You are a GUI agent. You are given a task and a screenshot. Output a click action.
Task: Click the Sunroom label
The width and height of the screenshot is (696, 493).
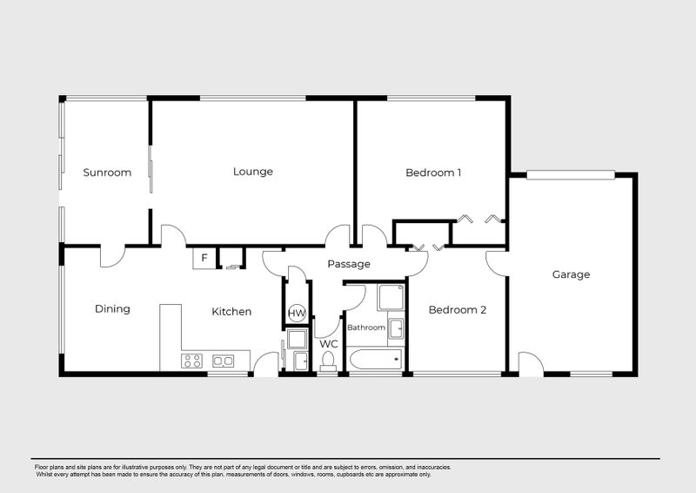pyautogui.click(x=107, y=172)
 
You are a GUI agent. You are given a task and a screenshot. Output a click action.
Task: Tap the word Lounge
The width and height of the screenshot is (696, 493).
pyautogui.click(x=253, y=172)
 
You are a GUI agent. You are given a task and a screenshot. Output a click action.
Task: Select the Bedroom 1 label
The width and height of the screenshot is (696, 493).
pyautogui.click(x=433, y=172)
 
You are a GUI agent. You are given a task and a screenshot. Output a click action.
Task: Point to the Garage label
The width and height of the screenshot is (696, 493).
pyautogui.click(x=571, y=274)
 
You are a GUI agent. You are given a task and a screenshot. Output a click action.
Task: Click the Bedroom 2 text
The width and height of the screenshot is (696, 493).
pyautogui.click(x=457, y=309)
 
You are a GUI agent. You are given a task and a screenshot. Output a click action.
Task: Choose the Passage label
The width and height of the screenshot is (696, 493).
pyautogui.click(x=349, y=264)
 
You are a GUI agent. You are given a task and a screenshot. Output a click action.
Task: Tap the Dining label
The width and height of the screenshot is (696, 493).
pyautogui.click(x=112, y=308)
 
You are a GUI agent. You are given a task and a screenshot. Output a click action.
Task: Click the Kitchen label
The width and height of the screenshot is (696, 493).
pyautogui.click(x=232, y=311)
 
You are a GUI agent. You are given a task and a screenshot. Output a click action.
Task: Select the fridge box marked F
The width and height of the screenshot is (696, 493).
pyautogui.click(x=204, y=258)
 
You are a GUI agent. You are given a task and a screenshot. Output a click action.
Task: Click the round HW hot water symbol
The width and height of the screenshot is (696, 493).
pyautogui.click(x=297, y=313)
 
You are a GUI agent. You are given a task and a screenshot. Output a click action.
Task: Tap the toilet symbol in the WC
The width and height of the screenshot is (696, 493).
pyautogui.click(x=328, y=360)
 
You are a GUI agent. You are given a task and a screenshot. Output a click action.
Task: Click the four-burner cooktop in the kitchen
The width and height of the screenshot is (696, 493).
pyautogui.click(x=192, y=361)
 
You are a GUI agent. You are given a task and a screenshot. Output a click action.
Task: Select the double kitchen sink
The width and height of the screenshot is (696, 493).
pyautogui.click(x=224, y=361)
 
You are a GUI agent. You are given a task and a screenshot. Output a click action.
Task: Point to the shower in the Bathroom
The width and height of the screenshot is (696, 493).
pyautogui.click(x=391, y=298)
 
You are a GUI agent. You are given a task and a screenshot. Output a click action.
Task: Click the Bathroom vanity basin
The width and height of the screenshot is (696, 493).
pyautogui.click(x=396, y=329)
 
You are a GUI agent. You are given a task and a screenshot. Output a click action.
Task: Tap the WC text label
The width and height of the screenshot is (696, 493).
pyautogui.click(x=328, y=344)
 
